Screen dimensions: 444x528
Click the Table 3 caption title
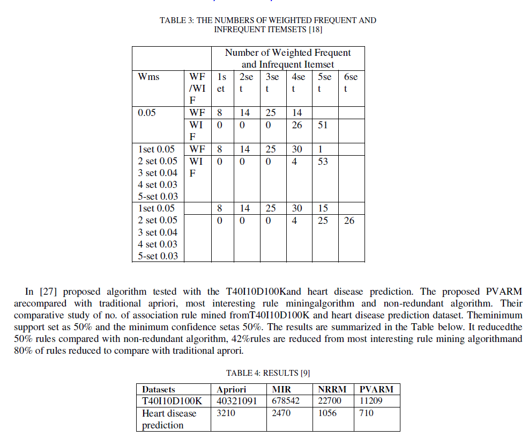(267, 25)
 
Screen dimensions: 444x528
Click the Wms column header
(148, 77)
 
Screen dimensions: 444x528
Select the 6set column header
(351, 82)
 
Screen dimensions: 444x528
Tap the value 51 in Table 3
(323, 125)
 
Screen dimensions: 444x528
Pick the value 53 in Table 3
(323, 161)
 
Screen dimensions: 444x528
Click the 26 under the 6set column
(349, 220)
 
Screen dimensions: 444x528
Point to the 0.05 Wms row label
(146, 113)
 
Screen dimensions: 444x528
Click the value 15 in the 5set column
(323, 208)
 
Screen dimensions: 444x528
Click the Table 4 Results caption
(268, 373)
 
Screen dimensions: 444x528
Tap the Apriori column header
(231, 389)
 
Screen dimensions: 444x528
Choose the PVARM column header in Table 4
(376, 389)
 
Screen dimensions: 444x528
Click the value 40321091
(236, 401)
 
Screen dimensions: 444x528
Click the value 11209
(371, 401)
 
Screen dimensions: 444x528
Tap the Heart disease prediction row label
(169, 419)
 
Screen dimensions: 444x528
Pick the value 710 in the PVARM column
(367, 413)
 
